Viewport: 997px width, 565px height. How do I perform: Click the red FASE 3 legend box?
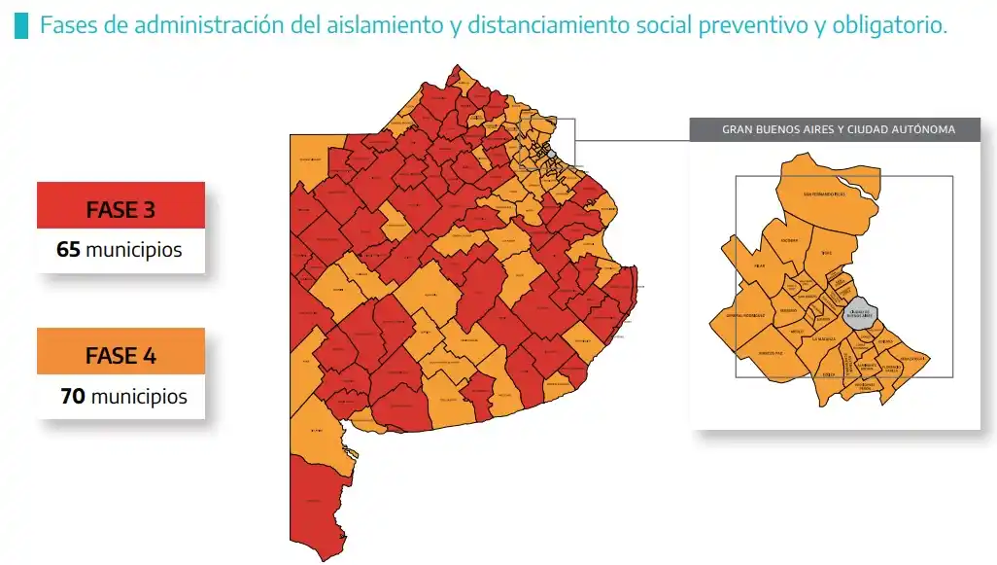pos(120,208)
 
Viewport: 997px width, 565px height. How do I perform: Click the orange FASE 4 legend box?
pos(120,355)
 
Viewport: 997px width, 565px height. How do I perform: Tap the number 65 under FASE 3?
pos(68,250)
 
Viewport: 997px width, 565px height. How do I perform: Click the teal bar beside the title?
pos(21,26)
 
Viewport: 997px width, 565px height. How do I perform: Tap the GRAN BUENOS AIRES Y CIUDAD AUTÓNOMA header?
pos(838,129)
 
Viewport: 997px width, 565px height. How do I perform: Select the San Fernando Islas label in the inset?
pos(824,194)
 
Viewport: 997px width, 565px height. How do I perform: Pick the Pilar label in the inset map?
pos(759,265)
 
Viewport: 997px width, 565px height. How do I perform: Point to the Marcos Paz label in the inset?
pos(772,352)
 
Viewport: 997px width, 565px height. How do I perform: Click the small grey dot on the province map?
pos(551,154)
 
